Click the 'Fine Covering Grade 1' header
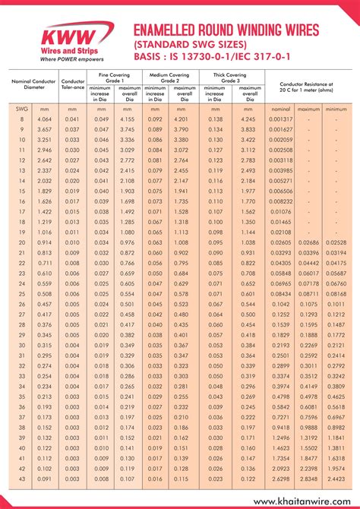pyautogui.click(x=113, y=76)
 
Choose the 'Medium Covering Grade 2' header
pyautogui.click(x=171, y=76)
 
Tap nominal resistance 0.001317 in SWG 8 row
pyautogui.click(x=280, y=119)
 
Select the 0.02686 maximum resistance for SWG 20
pyautogui.click(x=309, y=242)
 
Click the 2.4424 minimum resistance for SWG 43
pyautogui.click(x=335, y=479)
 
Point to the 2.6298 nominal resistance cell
pyautogui.click(x=280, y=479)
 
